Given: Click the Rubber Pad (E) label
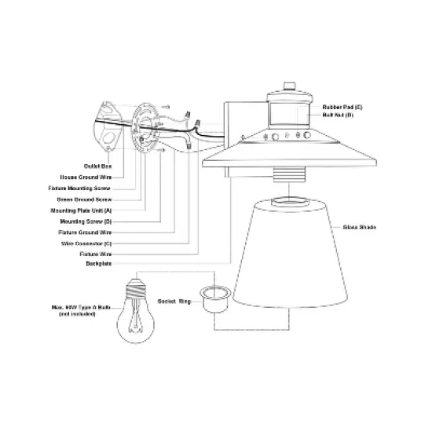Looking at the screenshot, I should (x=343, y=105).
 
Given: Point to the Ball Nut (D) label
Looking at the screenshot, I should (x=339, y=115).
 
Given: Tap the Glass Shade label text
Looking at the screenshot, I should (x=359, y=227).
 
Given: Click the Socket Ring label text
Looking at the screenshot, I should (x=176, y=300).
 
